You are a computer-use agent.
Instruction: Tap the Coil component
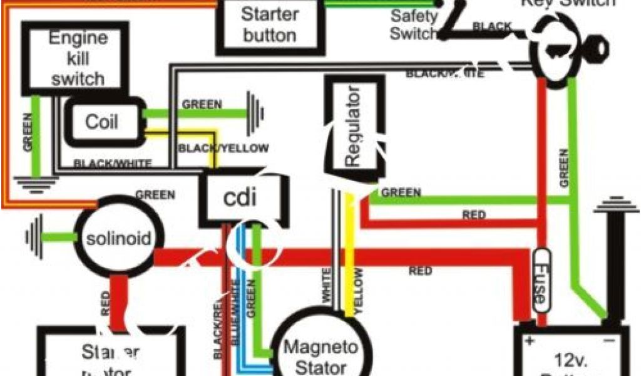click(x=101, y=121)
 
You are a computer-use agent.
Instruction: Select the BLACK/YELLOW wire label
click(x=223, y=149)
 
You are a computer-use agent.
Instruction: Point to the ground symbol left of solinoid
click(x=35, y=237)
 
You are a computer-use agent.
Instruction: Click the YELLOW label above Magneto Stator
click(x=358, y=288)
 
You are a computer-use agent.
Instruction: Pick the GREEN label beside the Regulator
click(x=401, y=192)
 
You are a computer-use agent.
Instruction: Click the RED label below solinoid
click(x=105, y=302)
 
